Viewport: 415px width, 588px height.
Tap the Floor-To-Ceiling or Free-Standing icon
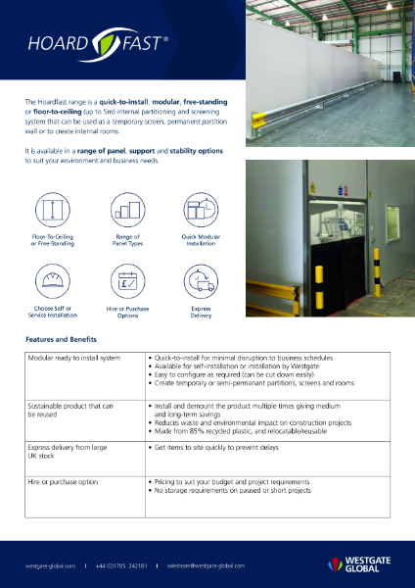pos(52,210)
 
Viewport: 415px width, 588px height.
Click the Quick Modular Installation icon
pos(201,210)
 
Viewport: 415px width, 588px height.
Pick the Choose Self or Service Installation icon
pos(52,284)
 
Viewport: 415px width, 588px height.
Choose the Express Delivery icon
pos(201,284)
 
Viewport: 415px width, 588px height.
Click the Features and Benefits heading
pos(61,338)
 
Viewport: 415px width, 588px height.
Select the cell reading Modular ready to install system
pos(74,359)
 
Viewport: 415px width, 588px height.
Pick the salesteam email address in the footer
pos(206,565)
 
